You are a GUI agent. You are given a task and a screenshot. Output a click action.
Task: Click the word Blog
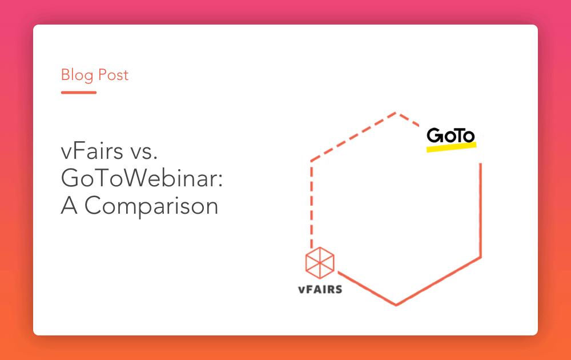click(x=78, y=75)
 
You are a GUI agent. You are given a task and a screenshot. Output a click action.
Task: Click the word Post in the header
click(x=113, y=75)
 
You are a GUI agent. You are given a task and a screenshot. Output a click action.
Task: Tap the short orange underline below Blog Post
click(x=79, y=92)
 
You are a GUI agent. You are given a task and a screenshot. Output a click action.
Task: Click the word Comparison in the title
click(x=151, y=206)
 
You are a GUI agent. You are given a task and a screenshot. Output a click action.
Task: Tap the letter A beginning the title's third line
click(x=69, y=205)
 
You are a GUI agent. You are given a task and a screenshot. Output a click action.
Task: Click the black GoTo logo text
click(x=451, y=136)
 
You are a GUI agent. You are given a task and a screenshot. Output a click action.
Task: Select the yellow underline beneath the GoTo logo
click(x=451, y=147)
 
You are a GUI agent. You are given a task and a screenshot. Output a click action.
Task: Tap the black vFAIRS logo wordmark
click(x=320, y=289)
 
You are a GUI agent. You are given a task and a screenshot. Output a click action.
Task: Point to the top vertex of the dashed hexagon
click(x=396, y=113)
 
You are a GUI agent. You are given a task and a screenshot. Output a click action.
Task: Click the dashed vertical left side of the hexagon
click(x=311, y=200)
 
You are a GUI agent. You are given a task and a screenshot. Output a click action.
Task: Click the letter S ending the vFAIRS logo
click(x=339, y=289)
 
